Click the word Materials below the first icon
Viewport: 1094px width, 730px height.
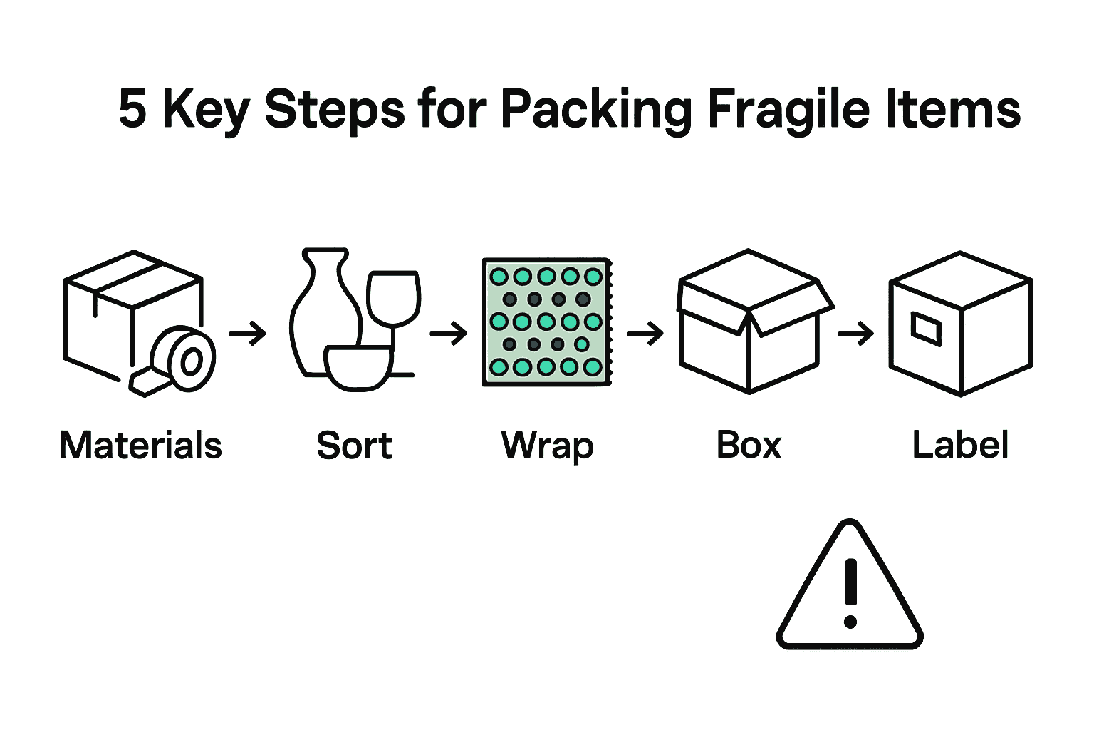140,446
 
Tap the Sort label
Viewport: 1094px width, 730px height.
354,446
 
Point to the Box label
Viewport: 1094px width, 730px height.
749,446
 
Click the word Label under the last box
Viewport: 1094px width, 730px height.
960,446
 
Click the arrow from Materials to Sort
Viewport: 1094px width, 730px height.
247,333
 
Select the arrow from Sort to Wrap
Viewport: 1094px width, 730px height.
448,333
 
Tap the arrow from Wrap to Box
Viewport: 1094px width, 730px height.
645,333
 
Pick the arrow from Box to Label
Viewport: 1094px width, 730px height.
855,333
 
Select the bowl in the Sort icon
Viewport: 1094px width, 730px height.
358,367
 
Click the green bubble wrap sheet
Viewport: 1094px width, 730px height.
546,322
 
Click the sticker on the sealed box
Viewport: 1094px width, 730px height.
927,329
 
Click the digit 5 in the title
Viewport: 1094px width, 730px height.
132,109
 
